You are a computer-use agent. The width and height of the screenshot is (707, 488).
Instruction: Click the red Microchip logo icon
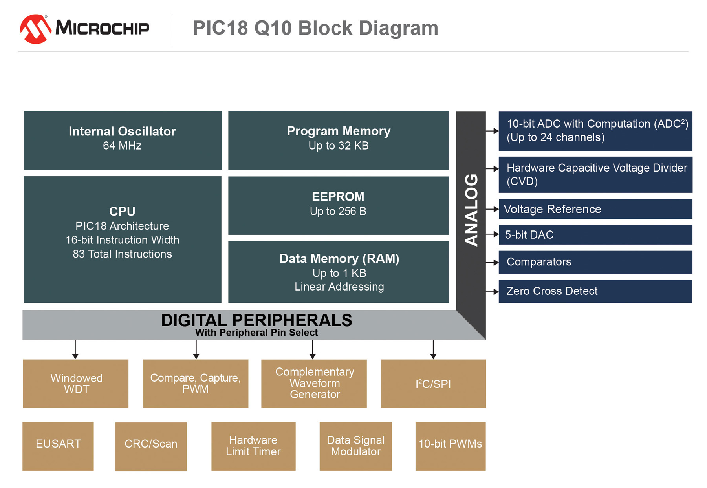(x=35, y=29)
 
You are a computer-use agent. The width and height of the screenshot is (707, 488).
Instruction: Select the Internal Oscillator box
(x=123, y=140)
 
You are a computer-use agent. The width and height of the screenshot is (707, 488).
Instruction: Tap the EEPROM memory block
(x=339, y=205)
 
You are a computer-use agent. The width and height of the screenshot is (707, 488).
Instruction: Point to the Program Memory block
(x=339, y=140)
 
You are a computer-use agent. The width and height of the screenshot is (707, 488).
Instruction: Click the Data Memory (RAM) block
(x=339, y=272)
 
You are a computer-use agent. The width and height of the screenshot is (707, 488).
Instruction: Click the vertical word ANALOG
(x=471, y=210)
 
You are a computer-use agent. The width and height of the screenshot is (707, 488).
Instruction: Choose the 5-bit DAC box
(x=595, y=235)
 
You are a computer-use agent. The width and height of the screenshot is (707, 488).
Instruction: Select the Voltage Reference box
(x=595, y=209)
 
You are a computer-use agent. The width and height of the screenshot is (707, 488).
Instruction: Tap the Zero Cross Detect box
(x=595, y=291)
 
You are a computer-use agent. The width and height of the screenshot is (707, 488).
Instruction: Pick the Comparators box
(x=595, y=262)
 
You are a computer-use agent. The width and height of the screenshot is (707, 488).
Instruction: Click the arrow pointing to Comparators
(x=492, y=262)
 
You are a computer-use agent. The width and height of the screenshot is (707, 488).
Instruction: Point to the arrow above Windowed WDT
(x=75, y=349)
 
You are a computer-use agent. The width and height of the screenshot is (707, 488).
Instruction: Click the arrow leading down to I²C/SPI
(x=433, y=349)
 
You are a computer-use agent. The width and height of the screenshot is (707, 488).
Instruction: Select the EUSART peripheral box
(x=58, y=446)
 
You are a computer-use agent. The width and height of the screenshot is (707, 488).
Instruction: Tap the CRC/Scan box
(x=151, y=446)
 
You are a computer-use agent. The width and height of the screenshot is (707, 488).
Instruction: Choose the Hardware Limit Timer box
(x=253, y=446)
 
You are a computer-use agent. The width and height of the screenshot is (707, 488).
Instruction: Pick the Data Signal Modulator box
(x=355, y=446)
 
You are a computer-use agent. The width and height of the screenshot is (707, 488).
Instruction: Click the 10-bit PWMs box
(x=451, y=446)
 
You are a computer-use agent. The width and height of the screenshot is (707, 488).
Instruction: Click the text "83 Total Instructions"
(x=122, y=254)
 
